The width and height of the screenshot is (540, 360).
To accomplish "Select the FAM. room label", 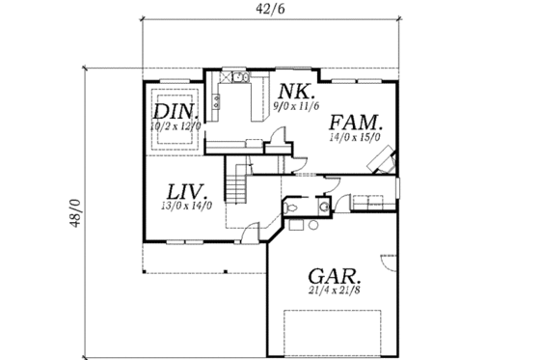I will [x=357, y=124].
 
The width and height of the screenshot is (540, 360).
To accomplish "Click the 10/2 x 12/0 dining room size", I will [x=175, y=125].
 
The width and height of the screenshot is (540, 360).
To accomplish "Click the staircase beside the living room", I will [x=235, y=183].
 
